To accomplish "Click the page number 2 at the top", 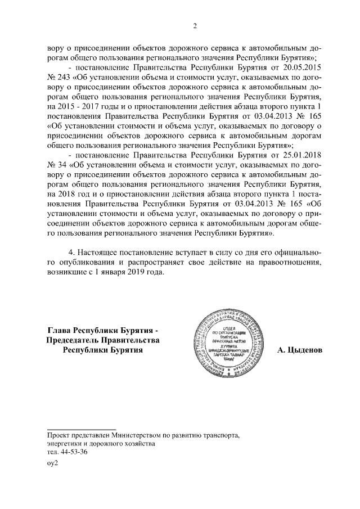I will coord(195,26).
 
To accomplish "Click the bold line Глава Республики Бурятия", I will coord(103,330).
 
